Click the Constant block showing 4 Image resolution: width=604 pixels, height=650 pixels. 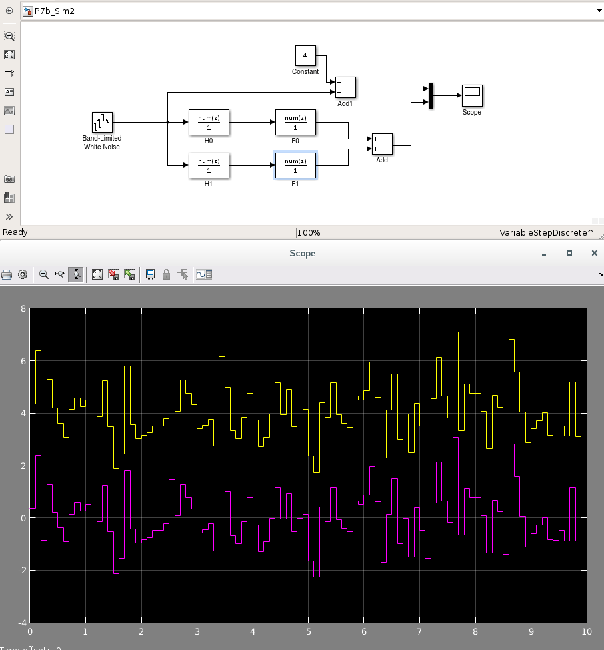305,55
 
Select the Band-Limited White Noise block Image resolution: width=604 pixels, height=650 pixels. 102,122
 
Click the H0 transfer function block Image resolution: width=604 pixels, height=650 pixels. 209,123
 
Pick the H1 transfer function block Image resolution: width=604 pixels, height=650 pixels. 209,166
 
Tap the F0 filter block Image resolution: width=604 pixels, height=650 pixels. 295,123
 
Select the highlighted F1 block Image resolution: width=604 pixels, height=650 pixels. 295,166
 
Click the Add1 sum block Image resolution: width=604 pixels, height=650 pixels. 345,87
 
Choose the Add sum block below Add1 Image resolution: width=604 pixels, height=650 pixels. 382,144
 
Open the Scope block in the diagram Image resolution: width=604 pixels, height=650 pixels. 472,95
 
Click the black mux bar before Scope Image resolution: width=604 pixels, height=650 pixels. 431,95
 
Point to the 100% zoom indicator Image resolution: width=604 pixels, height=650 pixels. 309,233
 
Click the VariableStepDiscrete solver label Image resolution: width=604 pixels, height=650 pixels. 545,233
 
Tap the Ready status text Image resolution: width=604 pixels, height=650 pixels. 15,232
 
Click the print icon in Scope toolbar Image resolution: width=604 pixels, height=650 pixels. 7,274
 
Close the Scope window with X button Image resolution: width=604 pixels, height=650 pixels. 594,253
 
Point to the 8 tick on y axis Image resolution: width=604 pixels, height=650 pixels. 23,309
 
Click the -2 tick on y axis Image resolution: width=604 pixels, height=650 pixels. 22,571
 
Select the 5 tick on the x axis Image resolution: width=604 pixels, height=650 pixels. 308,631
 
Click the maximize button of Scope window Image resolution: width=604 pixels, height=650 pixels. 569,253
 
